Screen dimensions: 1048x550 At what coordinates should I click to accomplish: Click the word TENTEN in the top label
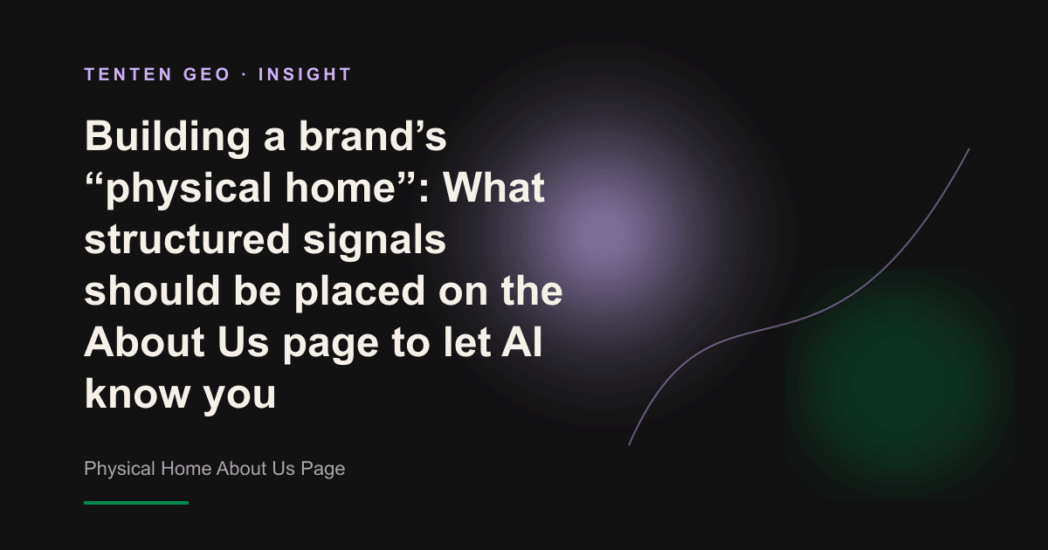click(128, 74)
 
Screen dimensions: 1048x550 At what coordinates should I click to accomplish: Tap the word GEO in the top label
click(207, 74)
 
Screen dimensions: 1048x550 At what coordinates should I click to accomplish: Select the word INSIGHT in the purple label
click(305, 74)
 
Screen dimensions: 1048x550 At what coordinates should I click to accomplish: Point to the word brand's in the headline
click(372, 136)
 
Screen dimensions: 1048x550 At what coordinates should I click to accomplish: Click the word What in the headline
click(494, 188)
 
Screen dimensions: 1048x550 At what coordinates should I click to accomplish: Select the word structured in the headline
click(187, 239)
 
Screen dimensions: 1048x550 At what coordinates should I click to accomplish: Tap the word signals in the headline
click(375, 240)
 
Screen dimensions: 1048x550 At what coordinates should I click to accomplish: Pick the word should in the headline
click(152, 290)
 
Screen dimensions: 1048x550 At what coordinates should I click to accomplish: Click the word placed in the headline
click(359, 292)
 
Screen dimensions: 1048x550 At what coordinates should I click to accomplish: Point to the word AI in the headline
click(521, 342)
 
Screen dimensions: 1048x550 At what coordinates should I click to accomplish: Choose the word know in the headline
click(136, 393)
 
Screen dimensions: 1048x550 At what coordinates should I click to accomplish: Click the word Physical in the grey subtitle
click(120, 469)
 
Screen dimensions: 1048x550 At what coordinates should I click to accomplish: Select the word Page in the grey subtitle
click(323, 469)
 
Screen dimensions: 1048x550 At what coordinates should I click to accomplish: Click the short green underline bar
click(136, 503)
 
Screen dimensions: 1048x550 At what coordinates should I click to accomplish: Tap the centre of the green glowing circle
click(900, 384)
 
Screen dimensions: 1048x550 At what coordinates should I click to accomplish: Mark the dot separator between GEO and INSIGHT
click(245, 74)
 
